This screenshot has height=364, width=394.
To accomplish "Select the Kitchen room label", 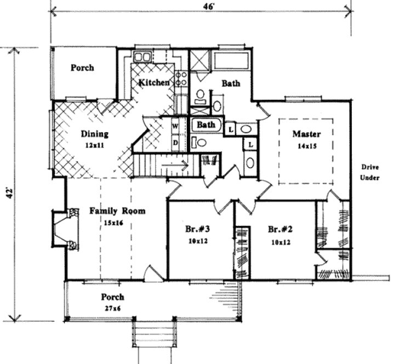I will [x=153, y=82].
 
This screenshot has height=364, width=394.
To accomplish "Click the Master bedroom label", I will [x=306, y=134].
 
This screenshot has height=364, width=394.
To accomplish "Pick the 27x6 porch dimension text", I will [x=112, y=309].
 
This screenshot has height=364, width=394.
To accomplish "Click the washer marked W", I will [x=176, y=126].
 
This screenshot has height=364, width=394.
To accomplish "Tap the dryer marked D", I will [x=176, y=143].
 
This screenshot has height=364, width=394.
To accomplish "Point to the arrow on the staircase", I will [x=180, y=163].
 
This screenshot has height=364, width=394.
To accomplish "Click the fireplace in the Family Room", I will [x=64, y=229].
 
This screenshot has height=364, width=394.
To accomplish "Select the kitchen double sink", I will [x=144, y=56].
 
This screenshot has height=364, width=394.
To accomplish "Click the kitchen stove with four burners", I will [x=182, y=79].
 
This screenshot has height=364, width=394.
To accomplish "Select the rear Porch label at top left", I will [x=82, y=68].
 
